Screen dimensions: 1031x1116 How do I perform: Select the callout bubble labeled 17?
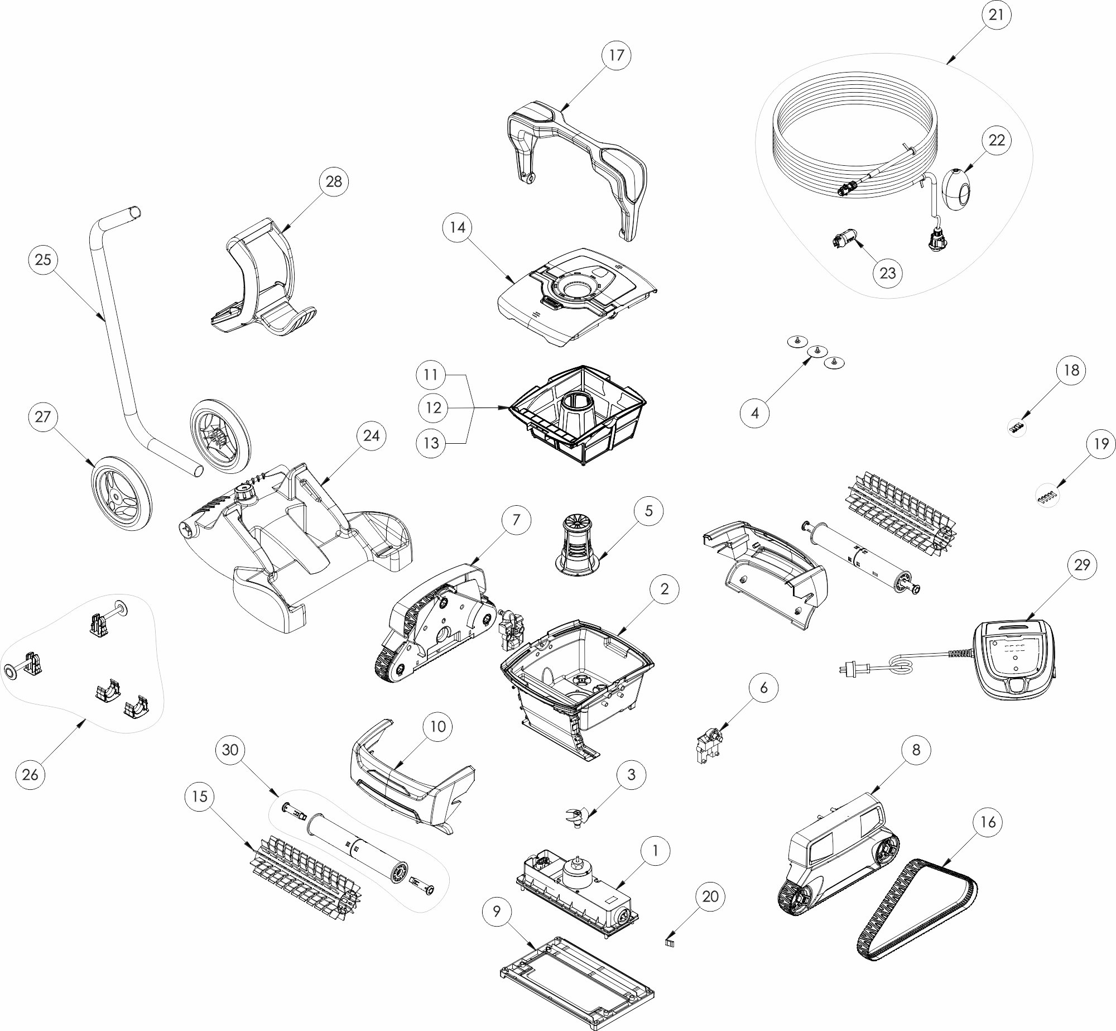click(x=617, y=55)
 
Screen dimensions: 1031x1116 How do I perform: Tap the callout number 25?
click(x=43, y=260)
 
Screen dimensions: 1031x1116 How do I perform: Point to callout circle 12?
click(x=434, y=408)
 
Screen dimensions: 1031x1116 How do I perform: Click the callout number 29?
click(x=1082, y=565)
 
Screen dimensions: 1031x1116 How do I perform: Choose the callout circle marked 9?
click(x=497, y=911)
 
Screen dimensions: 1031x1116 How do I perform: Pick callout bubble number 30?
click(x=230, y=750)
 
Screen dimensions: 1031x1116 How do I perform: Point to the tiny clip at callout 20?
click(x=670, y=942)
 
